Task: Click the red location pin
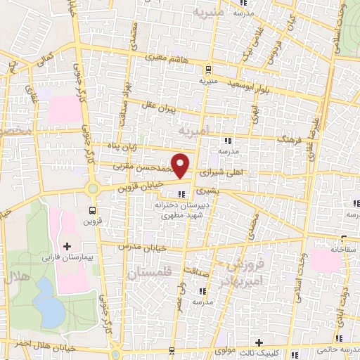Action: [181, 165]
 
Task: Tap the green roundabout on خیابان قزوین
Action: [92, 188]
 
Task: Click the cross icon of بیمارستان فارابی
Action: [67, 246]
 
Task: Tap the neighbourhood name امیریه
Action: [193, 131]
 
